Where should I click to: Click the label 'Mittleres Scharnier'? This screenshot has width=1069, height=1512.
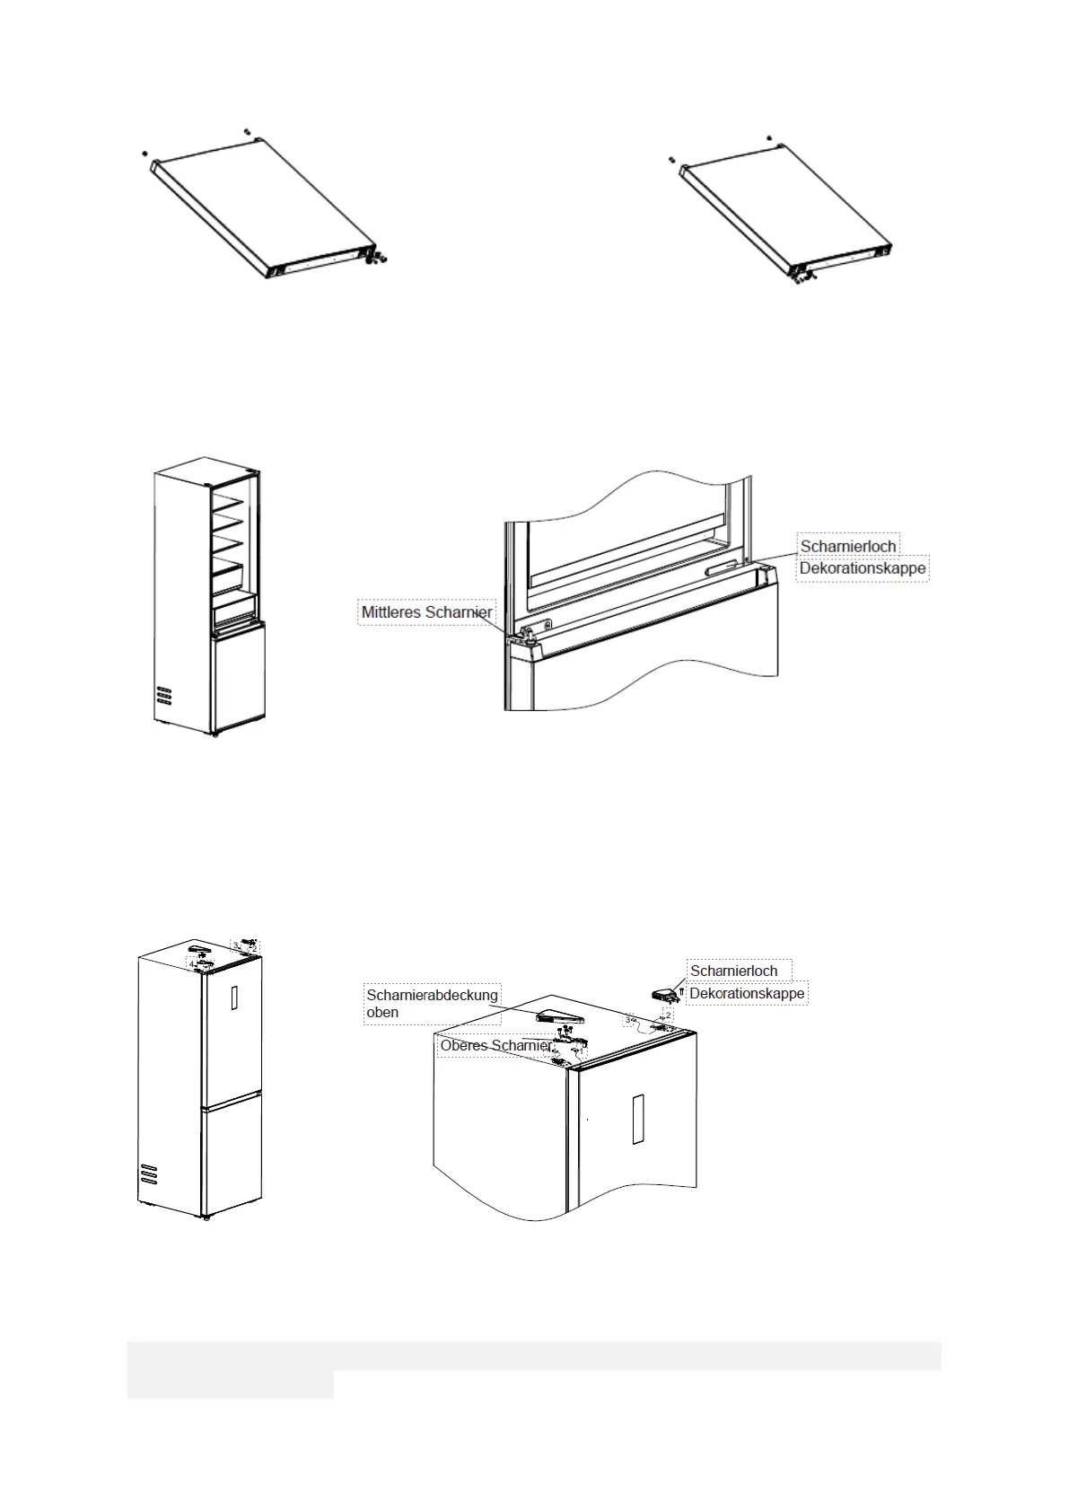[426, 612]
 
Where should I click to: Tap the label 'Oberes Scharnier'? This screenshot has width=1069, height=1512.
[495, 1045]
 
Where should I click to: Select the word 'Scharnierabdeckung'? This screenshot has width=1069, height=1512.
[432, 995]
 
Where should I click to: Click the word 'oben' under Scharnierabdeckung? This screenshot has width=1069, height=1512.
[382, 1012]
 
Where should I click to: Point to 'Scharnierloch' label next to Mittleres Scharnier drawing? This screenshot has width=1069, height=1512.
[847, 546]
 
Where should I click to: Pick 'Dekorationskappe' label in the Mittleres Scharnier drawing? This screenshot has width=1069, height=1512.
[862, 568]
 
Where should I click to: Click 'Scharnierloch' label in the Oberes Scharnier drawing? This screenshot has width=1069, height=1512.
[733, 971]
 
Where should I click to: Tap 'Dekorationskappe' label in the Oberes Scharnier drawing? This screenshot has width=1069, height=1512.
[747, 994]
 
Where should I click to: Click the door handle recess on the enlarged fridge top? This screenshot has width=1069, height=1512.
[637, 1119]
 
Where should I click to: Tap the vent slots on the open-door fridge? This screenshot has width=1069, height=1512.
[163, 697]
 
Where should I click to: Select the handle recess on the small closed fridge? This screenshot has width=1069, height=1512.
[233, 998]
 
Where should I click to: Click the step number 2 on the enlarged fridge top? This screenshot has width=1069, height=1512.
[669, 1015]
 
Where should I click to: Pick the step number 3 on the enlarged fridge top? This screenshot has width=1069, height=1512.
[627, 1019]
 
